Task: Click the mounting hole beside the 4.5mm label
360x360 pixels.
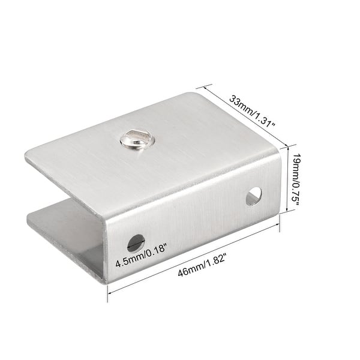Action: (x=136, y=242)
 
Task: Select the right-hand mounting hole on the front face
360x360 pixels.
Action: (x=254, y=196)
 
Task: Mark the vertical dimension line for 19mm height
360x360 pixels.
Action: (x=290, y=180)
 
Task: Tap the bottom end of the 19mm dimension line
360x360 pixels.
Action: (x=290, y=210)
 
